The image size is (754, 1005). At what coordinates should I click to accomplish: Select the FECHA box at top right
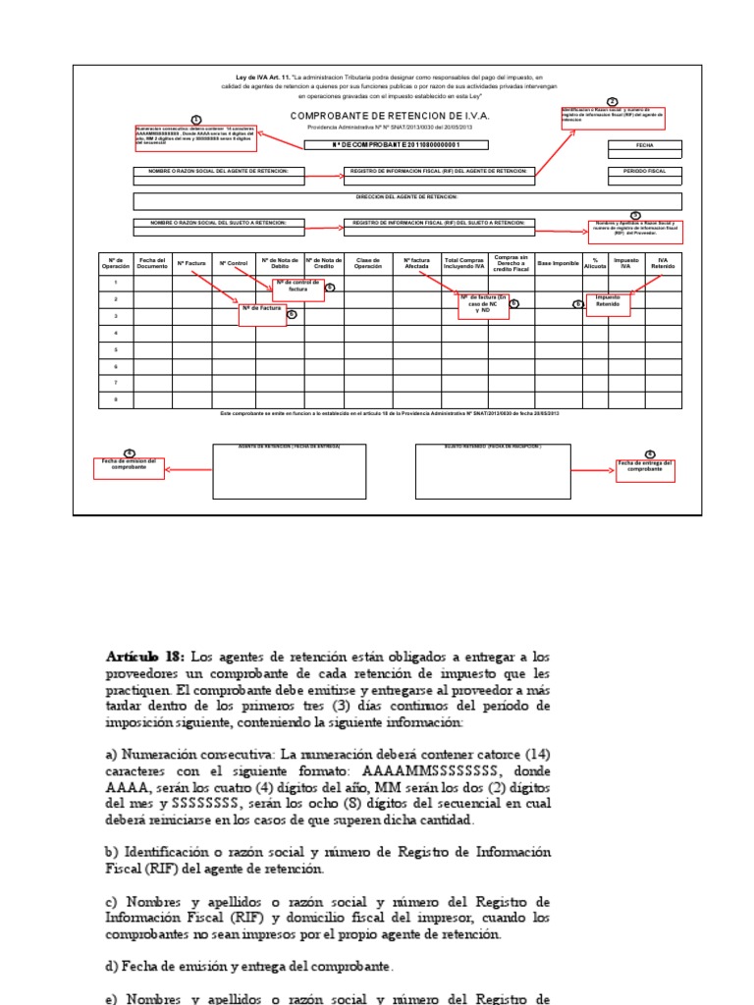[644, 145]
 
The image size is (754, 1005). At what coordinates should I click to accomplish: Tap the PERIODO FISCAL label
[644, 171]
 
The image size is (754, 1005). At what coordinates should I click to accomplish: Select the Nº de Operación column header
[116, 263]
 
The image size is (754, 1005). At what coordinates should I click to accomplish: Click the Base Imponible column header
[558, 263]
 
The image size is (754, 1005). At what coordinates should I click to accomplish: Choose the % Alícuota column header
[595, 263]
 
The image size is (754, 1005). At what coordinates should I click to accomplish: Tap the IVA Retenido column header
[664, 263]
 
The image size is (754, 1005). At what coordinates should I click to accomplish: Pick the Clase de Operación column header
[367, 263]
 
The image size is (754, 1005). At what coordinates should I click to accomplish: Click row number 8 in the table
[116, 398]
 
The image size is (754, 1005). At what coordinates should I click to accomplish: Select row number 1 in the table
[116, 283]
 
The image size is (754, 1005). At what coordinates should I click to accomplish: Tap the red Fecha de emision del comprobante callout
[130, 465]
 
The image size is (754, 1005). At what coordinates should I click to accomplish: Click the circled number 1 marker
[195, 119]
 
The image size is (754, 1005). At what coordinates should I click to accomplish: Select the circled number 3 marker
[635, 215]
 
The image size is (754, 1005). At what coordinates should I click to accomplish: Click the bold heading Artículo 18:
[146, 655]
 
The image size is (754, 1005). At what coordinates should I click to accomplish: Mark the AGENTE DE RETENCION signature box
[290, 471]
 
